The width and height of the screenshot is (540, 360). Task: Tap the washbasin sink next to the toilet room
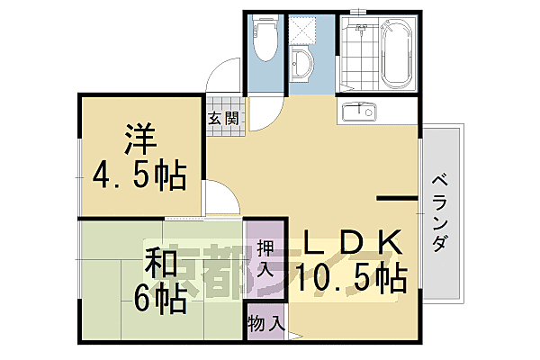[x=302, y=64]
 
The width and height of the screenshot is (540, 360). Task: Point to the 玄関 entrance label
[x=224, y=118]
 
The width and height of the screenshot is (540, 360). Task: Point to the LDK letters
[x=351, y=244]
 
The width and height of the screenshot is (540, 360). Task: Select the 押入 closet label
[x=265, y=256]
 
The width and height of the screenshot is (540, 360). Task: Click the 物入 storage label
[x=265, y=322]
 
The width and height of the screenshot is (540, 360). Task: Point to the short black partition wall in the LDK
[x=394, y=196]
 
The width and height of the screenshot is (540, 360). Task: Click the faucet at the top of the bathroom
[x=362, y=31]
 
